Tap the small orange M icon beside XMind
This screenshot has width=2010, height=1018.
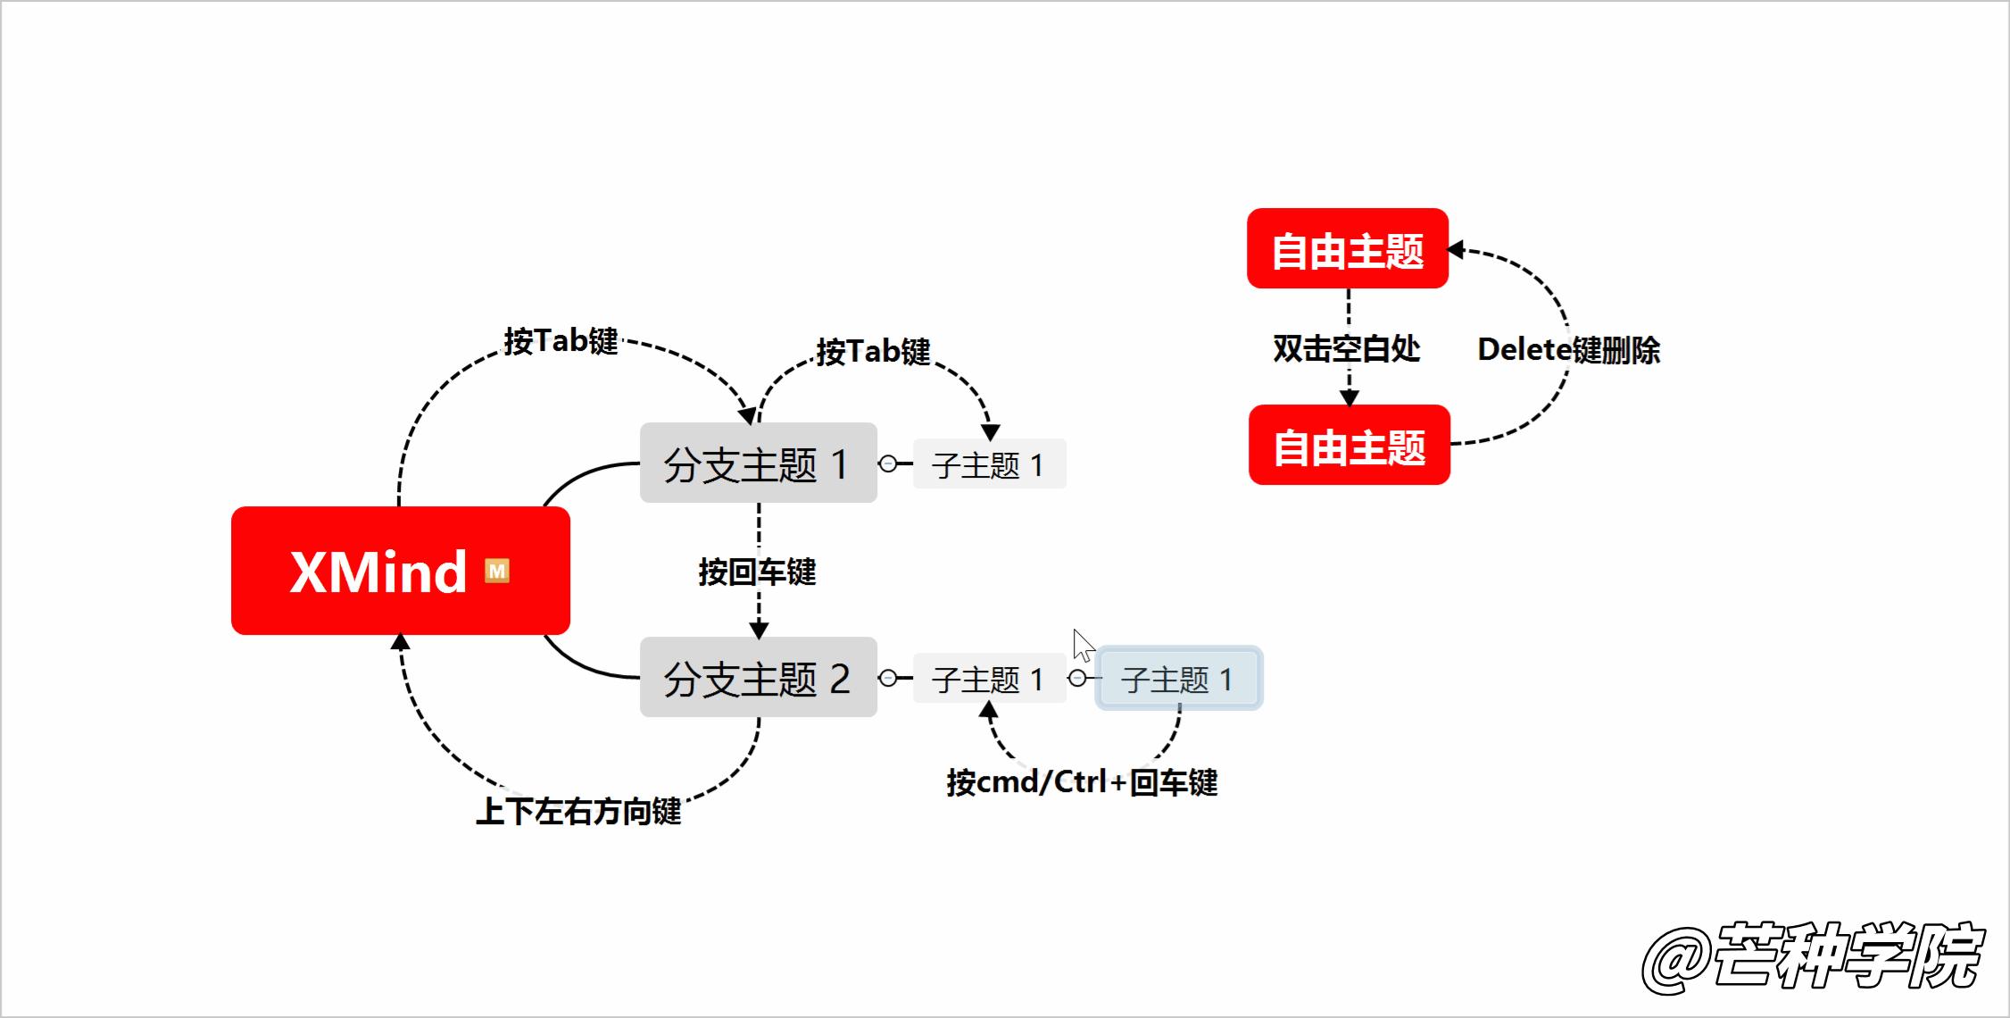pos(497,571)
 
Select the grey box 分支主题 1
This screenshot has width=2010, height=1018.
pos(758,463)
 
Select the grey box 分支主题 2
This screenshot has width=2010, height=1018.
pos(758,678)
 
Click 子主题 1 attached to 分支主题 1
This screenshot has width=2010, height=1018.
pos(989,464)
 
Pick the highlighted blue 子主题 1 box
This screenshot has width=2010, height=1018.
pos(1178,679)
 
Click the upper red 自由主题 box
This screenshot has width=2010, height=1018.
pos(1347,249)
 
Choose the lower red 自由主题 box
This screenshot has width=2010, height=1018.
pos(1349,446)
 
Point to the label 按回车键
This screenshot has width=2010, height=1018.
pos(757,572)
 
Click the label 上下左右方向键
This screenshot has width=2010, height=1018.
pos(578,811)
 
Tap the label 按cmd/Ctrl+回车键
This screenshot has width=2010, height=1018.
pos(1082,782)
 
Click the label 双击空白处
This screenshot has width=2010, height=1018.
pos(1346,348)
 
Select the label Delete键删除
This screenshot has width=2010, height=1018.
pos(1568,349)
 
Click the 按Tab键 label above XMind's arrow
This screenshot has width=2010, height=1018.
pos(561,340)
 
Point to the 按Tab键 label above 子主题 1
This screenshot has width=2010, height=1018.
pos(873,351)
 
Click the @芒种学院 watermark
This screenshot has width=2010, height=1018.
pos(1812,956)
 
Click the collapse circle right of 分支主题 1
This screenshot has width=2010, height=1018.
pos(887,463)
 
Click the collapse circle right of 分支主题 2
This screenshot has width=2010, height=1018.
pos(887,678)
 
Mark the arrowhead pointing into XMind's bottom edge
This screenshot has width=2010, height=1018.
pos(401,642)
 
